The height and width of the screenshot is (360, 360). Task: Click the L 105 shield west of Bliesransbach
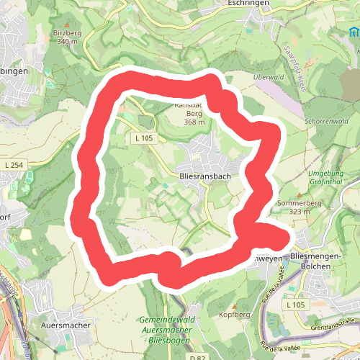tap(144, 138)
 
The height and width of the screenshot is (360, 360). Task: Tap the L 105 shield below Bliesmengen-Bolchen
tap(296, 306)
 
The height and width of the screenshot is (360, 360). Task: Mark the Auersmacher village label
tap(66, 325)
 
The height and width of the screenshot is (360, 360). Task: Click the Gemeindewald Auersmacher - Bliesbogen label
tap(170, 328)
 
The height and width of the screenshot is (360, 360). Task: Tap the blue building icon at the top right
tap(353, 33)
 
